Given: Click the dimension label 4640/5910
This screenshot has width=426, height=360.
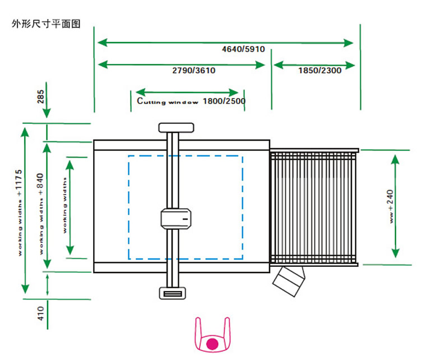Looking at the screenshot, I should pos(243,49).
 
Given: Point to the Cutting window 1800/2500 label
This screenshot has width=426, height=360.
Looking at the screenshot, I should pos(191,101).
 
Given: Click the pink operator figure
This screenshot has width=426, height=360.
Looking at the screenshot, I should pos(212,336).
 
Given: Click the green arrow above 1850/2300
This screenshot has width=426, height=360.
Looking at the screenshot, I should pos(314,64).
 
